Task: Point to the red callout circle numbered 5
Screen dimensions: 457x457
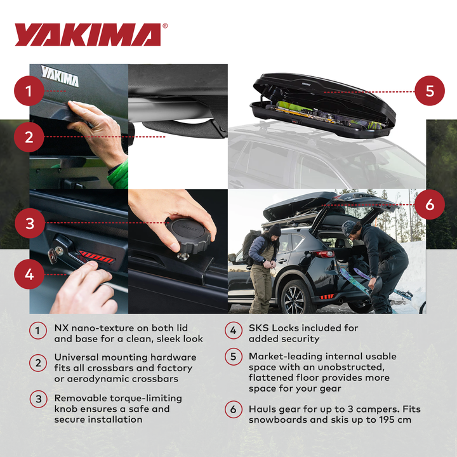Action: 430,91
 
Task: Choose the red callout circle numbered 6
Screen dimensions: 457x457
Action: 430,204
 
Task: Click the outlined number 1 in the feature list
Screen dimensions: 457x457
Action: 38,330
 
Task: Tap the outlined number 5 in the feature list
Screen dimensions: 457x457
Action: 233,357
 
